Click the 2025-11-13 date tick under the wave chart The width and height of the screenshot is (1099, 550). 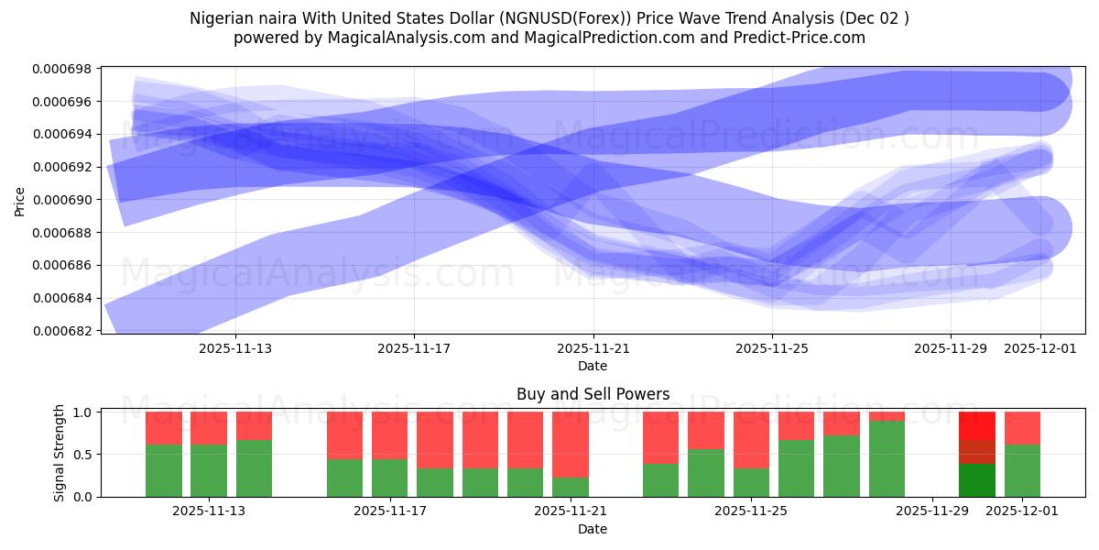click(x=235, y=348)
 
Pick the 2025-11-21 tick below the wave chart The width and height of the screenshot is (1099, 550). click(x=593, y=348)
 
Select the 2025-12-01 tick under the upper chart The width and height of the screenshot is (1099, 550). click(x=1040, y=348)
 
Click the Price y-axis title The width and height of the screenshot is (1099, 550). click(x=21, y=200)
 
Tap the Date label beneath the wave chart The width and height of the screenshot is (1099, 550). click(x=593, y=366)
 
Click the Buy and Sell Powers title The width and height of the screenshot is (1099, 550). click(x=593, y=394)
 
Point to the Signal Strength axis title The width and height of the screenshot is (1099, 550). click(x=60, y=454)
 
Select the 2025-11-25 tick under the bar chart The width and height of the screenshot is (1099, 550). click(x=751, y=511)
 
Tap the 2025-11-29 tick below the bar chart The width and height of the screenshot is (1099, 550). click(x=931, y=511)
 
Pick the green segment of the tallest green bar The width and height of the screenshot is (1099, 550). click(x=887, y=458)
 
